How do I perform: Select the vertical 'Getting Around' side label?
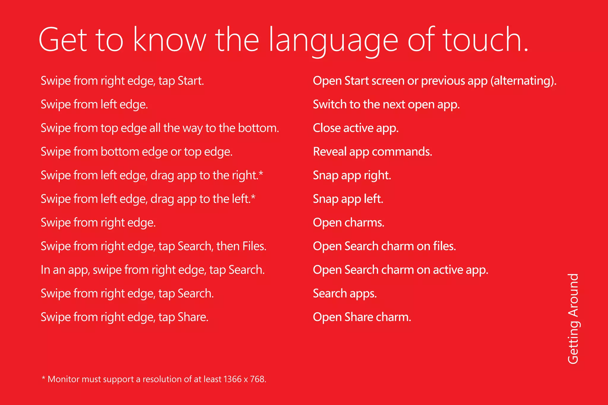coord(573,318)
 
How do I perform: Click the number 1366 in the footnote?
coord(232,379)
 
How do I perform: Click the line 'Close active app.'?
coord(356,128)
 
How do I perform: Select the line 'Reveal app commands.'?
coord(372,152)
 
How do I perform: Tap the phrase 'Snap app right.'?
coord(352,175)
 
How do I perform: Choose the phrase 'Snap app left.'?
coord(348,199)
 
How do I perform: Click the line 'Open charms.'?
coord(349,223)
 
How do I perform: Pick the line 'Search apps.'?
coord(345,293)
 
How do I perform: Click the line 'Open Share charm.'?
coord(362,317)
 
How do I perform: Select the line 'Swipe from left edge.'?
coord(94,104)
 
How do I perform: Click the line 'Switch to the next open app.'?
coord(386,104)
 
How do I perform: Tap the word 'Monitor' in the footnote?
coord(63,379)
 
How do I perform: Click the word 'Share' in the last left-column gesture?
coord(193,317)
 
